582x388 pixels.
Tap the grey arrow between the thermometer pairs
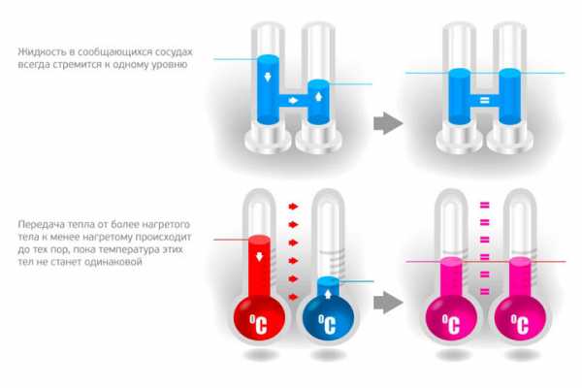pyautogui.click(x=388, y=302)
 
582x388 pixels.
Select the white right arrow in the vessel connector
pyautogui.click(x=291, y=101)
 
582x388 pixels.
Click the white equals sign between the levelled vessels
pyautogui.click(x=481, y=100)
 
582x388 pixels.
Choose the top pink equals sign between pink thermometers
pyautogui.click(x=482, y=205)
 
